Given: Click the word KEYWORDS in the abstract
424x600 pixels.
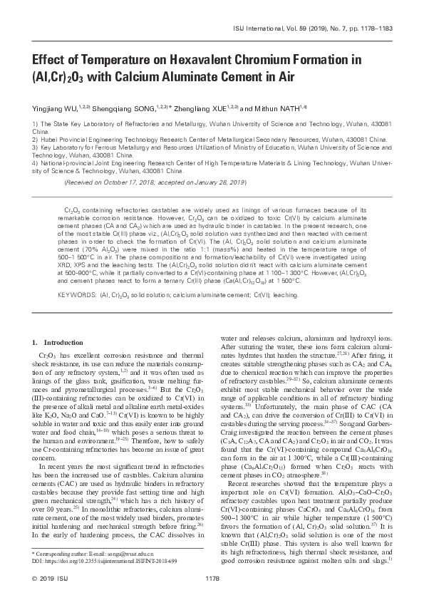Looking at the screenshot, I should pos(74,293).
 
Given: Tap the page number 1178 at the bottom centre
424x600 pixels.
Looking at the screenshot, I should pos(212,578).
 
